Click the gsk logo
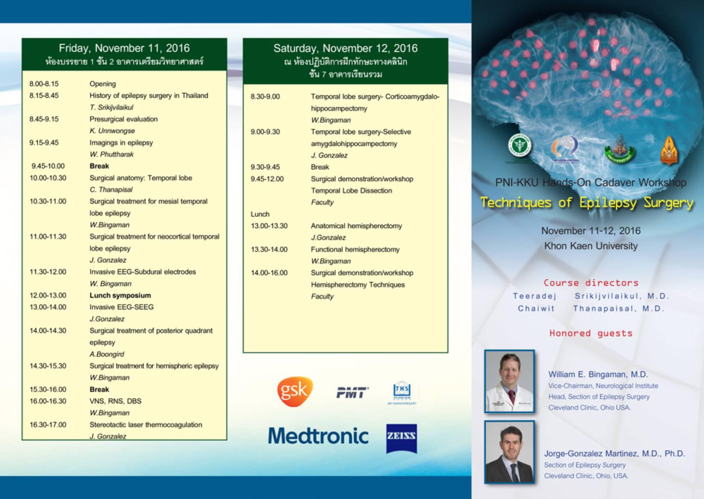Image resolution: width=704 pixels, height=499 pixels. (x=294, y=391)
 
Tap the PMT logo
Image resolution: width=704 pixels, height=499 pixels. (x=352, y=392)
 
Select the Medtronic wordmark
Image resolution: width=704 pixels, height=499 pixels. (x=318, y=436)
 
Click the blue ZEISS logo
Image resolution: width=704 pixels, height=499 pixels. (x=401, y=438)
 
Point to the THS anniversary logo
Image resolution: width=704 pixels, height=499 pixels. (x=402, y=393)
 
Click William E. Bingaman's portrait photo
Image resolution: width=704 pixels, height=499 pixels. (x=509, y=381)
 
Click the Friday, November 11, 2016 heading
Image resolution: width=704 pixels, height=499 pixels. (x=124, y=48)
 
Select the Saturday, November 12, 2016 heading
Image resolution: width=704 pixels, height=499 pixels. (x=345, y=48)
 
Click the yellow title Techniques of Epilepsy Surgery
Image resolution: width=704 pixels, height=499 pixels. (x=587, y=203)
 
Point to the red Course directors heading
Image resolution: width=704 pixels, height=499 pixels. (x=591, y=283)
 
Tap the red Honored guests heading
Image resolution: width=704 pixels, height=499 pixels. (x=591, y=333)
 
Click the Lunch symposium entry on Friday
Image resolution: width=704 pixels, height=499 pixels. (x=120, y=295)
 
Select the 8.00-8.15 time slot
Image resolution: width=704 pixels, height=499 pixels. (x=44, y=84)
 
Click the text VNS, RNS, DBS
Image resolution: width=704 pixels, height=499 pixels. (x=115, y=401)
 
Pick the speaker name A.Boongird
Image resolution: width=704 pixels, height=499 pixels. (x=107, y=354)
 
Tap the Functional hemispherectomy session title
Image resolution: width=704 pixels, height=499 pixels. (x=355, y=249)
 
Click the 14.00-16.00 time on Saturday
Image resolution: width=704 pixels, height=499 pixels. (x=269, y=273)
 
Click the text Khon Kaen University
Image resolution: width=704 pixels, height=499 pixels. (x=591, y=246)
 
